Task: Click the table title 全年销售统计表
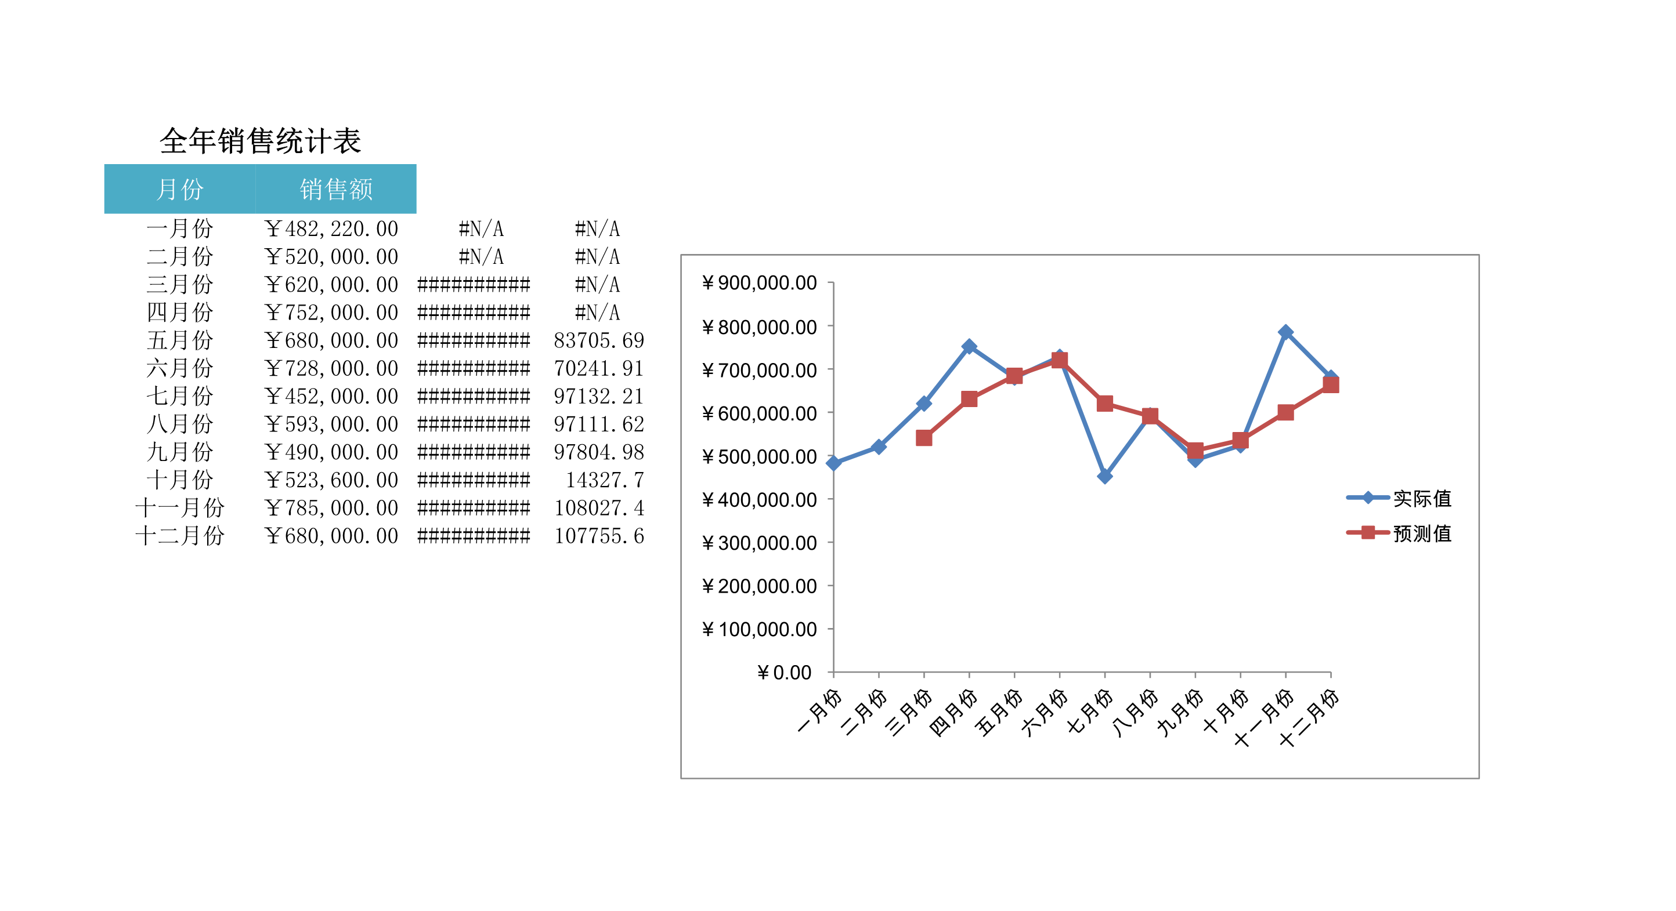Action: coord(260,141)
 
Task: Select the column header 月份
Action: coord(179,189)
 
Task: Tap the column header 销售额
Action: coord(335,189)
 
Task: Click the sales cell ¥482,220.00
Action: coord(332,229)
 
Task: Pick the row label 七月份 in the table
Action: coord(179,396)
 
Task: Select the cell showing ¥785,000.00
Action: coord(332,508)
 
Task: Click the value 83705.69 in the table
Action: coord(598,340)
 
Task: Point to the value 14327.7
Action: coord(605,480)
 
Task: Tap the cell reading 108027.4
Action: coord(598,508)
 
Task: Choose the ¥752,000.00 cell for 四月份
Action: coord(332,313)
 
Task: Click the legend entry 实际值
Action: coord(1422,498)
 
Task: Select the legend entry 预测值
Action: coord(1422,533)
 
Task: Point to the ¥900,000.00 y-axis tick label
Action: coord(759,283)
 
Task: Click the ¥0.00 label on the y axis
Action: coord(784,672)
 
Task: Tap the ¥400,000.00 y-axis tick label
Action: coord(759,499)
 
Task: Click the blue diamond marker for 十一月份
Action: coord(1285,332)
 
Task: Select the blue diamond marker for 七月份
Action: coord(1104,477)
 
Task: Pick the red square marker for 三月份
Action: coord(924,438)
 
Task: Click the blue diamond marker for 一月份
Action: coord(833,463)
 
